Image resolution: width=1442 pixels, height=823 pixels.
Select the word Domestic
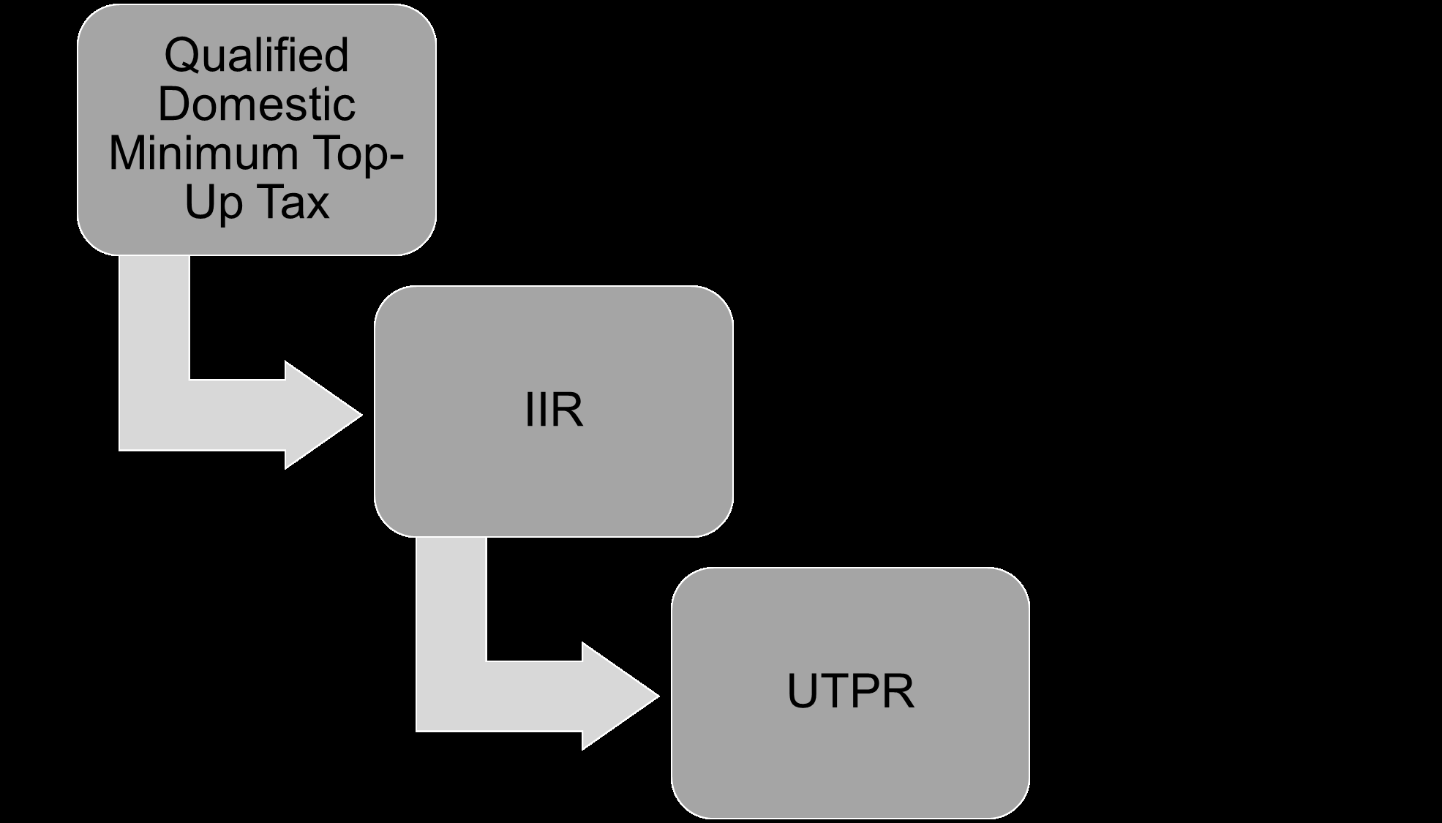pos(257,104)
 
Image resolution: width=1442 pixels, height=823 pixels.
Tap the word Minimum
pos(203,153)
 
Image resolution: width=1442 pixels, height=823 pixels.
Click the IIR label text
pos(554,410)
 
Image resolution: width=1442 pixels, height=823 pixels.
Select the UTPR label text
pos(851,691)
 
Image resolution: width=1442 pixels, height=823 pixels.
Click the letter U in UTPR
pos(803,691)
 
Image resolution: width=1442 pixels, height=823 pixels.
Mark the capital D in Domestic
pos(175,104)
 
